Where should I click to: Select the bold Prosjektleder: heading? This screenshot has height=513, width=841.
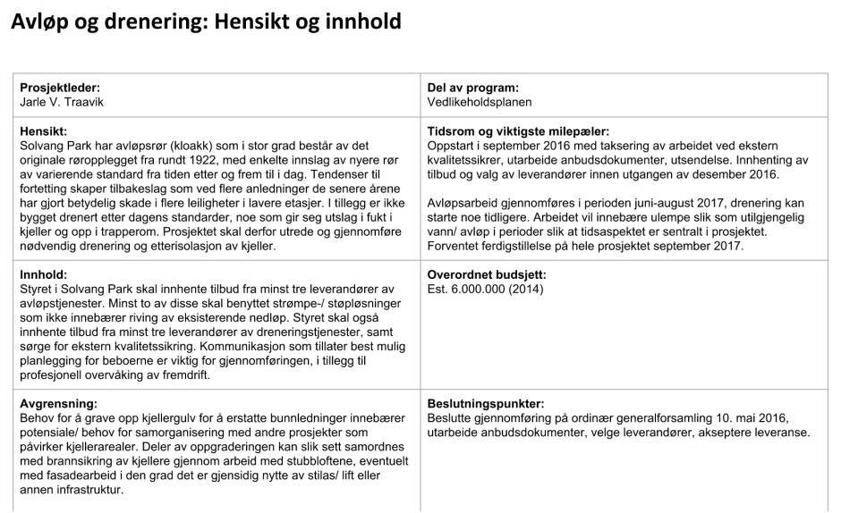coord(59,88)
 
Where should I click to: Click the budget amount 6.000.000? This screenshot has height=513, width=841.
coord(483,289)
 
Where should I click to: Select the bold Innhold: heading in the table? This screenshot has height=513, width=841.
coord(44,275)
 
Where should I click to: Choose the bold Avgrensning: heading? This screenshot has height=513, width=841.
coord(59,404)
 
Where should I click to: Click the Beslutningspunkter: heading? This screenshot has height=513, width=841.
coord(486,404)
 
